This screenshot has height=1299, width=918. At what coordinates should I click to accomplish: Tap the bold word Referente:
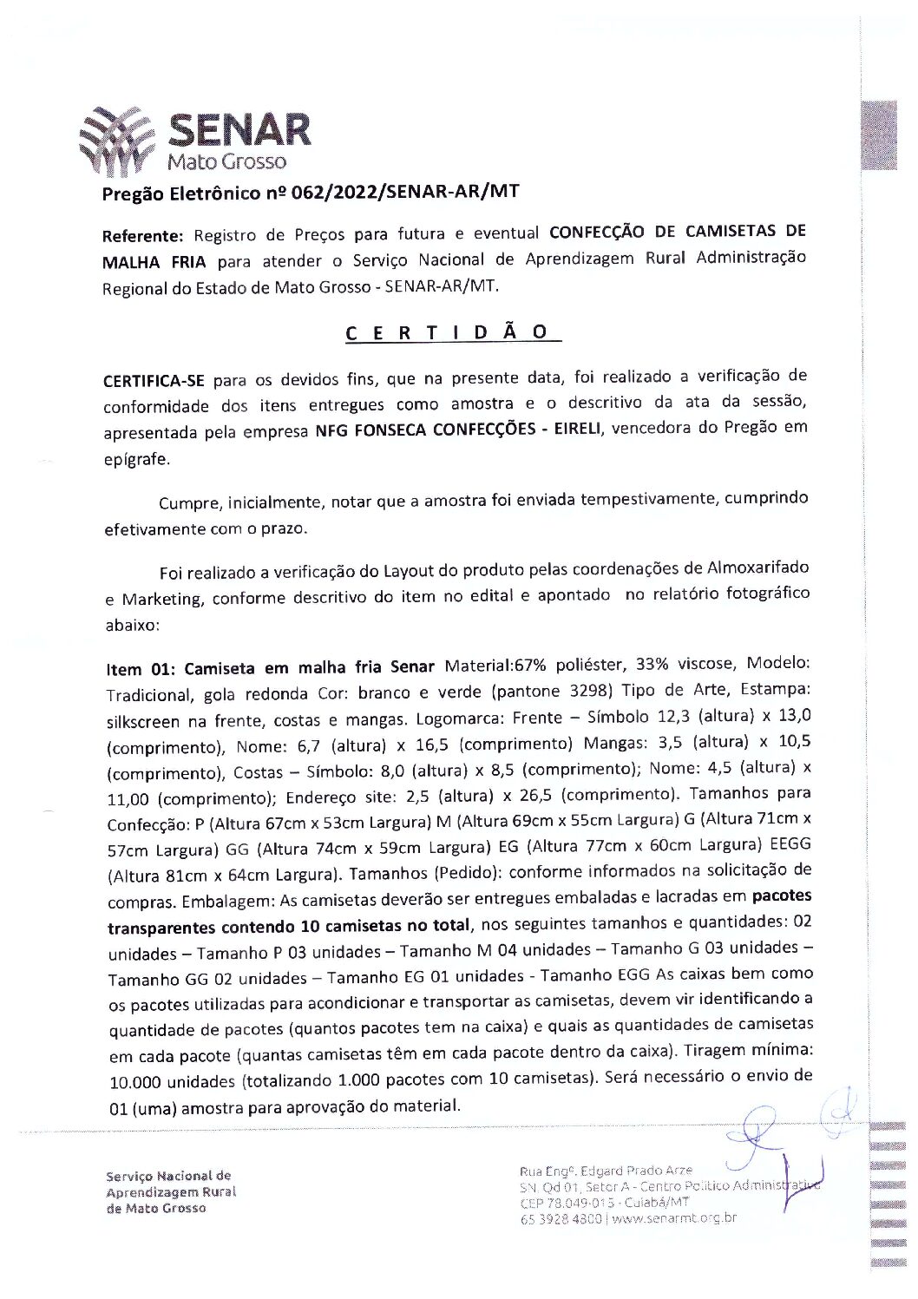(x=143, y=236)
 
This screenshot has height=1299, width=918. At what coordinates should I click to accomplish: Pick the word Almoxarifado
(x=746, y=568)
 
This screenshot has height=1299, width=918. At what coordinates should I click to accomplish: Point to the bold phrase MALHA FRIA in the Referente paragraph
(x=154, y=262)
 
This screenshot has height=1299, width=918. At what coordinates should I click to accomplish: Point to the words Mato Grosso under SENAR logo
(x=227, y=162)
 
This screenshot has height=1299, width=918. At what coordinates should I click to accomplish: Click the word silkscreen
(x=144, y=721)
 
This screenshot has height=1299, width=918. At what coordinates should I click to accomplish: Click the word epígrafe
(x=136, y=460)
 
